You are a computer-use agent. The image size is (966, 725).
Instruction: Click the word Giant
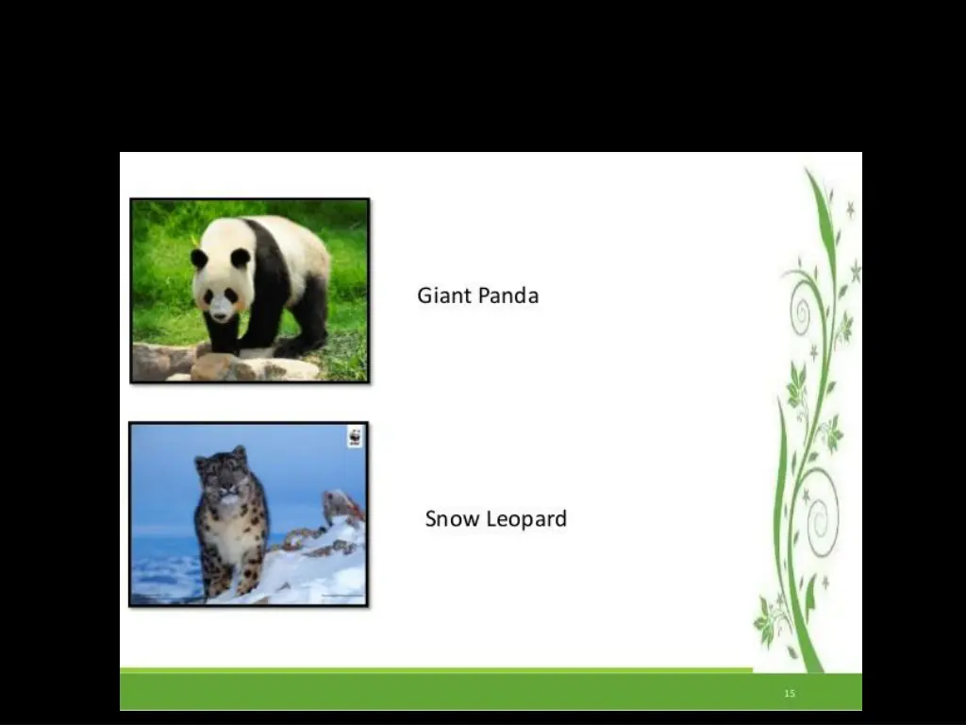click(x=444, y=295)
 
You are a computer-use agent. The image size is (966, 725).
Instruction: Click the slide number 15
click(x=790, y=694)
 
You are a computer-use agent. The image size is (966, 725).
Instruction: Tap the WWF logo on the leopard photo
click(x=355, y=437)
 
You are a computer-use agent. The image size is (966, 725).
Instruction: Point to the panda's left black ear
click(x=199, y=258)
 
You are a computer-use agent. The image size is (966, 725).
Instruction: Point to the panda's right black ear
click(x=241, y=257)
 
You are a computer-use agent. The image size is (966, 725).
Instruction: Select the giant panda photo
click(x=249, y=290)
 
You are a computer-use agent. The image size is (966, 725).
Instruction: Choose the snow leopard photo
click(x=248, y=514)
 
